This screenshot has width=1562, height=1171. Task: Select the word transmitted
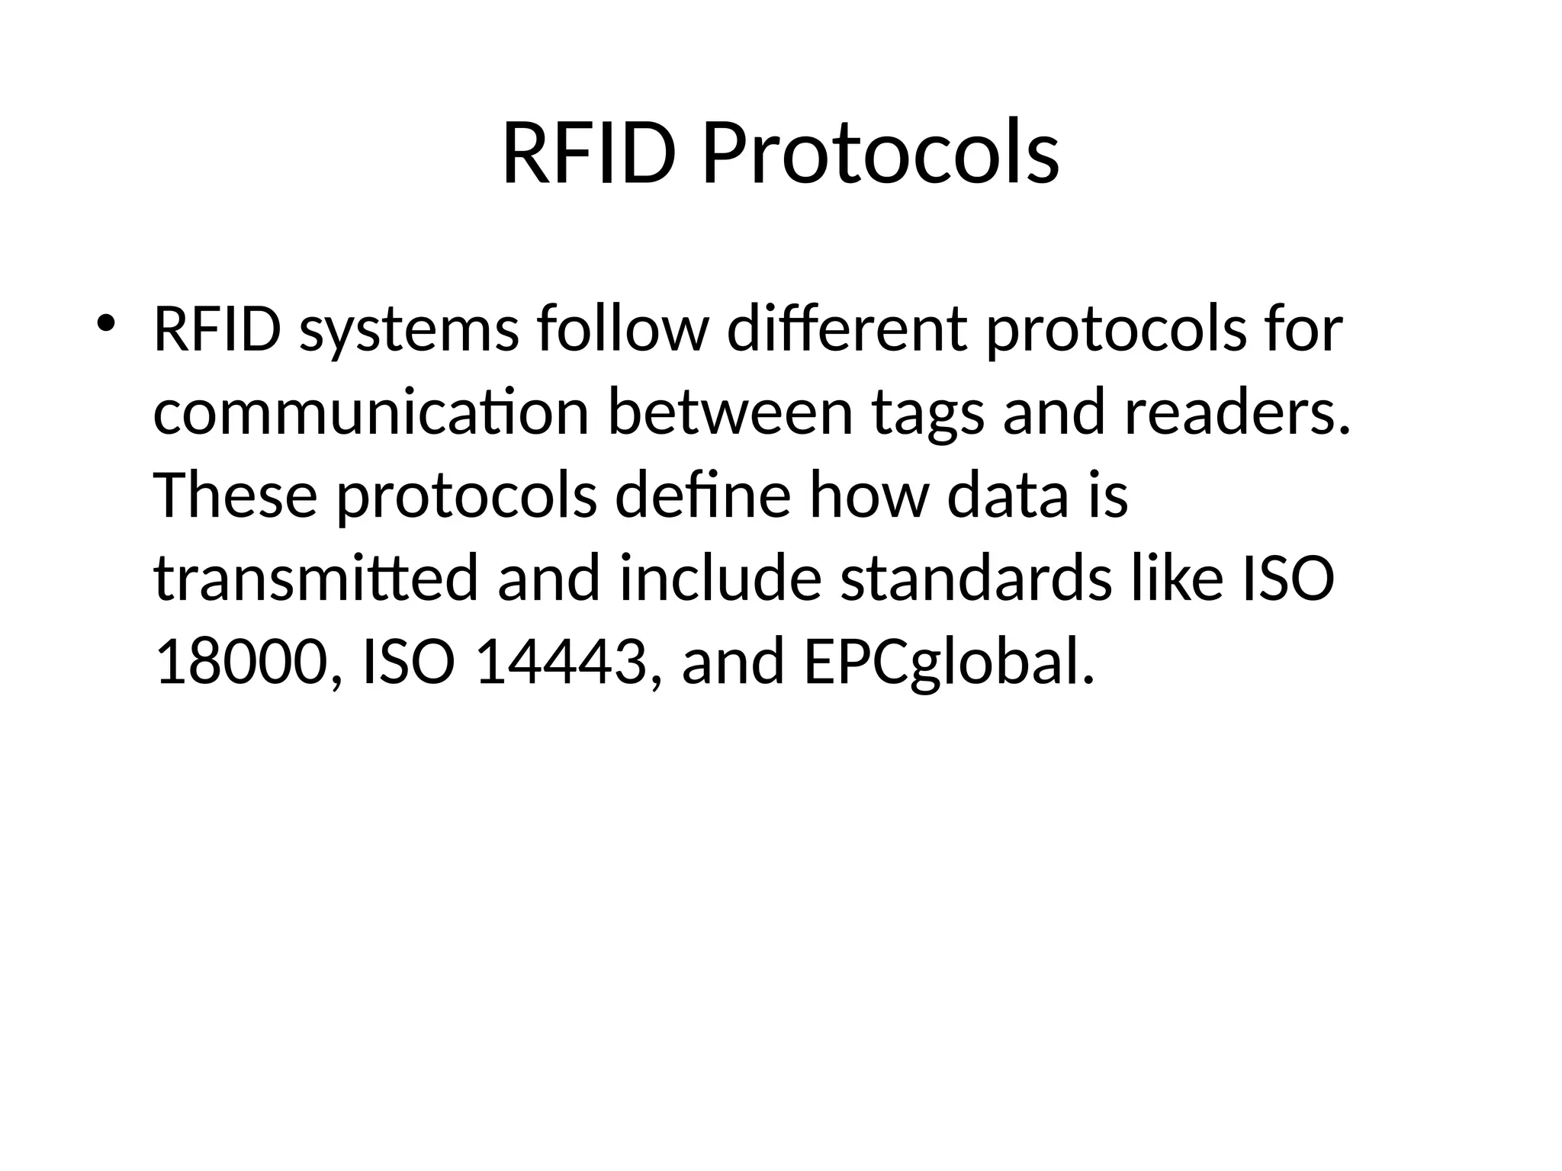pos(316,579)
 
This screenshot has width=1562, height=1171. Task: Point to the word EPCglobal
pos(949,662)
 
